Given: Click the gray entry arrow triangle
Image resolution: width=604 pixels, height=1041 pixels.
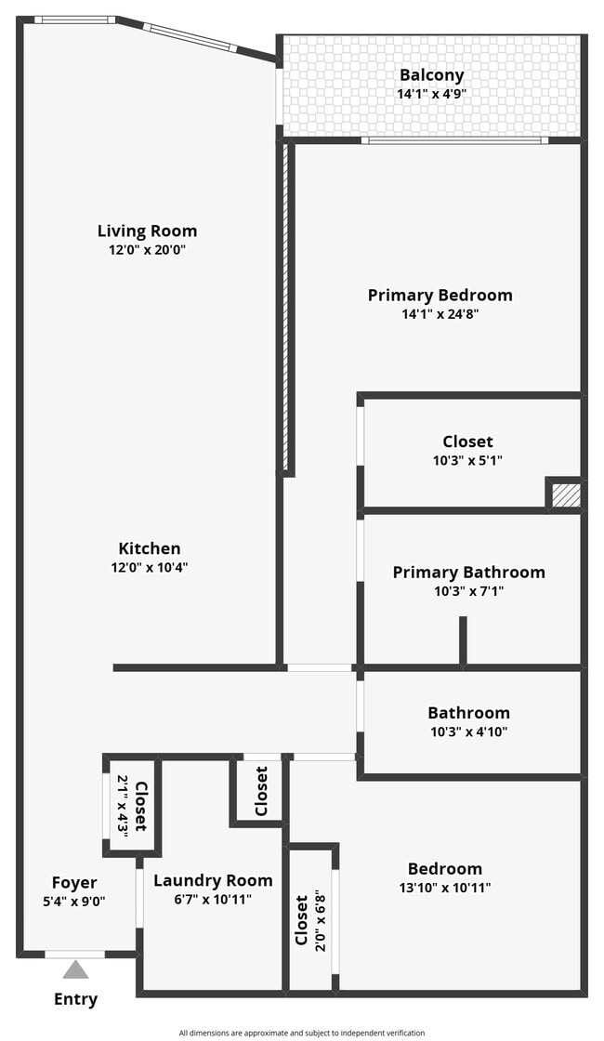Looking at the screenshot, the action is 75,970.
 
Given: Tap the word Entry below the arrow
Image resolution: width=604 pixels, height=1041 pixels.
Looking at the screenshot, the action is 75,999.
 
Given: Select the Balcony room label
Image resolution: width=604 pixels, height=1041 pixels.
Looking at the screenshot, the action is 431,75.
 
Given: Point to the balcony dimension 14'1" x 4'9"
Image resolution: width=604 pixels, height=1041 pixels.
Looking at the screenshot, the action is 431,94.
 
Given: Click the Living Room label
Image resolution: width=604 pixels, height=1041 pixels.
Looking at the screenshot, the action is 148,231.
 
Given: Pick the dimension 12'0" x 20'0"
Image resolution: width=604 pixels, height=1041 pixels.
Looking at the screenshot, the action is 148,250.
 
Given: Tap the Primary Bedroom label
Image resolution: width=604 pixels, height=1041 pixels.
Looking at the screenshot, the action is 440,295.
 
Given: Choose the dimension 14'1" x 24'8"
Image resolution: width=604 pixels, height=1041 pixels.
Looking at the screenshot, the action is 440,313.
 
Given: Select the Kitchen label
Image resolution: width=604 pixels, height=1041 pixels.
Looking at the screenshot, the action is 150,548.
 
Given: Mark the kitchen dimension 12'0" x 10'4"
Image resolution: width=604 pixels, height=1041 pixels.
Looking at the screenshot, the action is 150,567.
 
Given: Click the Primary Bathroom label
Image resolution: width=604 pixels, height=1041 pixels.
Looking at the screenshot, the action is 468,573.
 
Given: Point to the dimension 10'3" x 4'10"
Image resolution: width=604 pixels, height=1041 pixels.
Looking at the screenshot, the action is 468,731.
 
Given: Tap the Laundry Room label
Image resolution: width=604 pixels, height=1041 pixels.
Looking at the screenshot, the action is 213,881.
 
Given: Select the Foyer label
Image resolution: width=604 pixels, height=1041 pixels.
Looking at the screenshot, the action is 74,883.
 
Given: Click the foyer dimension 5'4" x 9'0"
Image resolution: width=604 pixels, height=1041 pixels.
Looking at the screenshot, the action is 74,901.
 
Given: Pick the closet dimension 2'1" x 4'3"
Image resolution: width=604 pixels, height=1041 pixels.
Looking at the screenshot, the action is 123,806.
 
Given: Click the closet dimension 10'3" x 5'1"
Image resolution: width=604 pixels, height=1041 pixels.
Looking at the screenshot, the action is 468,460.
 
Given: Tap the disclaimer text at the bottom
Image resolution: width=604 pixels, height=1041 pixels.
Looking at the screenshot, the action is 302,1033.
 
